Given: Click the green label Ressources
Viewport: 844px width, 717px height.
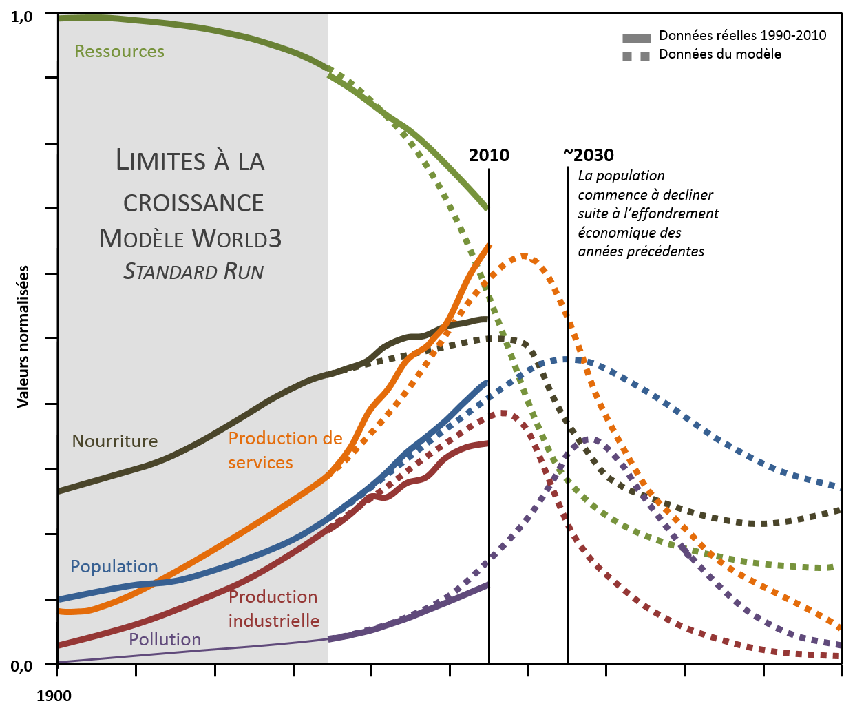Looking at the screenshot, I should click(x=119, y=52).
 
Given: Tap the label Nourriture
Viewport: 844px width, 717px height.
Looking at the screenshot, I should click(x=115, y=441).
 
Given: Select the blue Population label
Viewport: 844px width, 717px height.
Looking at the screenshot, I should click(x=114, y=567).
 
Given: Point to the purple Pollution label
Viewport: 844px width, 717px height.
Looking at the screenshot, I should click(x=165, y=640).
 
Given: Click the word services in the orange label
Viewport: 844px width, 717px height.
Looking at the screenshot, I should click(x=260, y=463).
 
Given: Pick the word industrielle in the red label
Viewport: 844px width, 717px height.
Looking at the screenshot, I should click(x=274, y=621).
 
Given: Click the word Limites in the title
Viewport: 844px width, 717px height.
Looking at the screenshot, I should click(x=160, y=160).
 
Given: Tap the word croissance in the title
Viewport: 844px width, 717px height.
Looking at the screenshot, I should click(x=193, y=203).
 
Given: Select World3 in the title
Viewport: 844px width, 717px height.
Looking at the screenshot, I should click(x=236, y=239).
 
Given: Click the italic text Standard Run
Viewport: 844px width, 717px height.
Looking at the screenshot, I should click(x=193, y=272).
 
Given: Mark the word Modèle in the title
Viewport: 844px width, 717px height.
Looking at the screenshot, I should click(x=142, y=239).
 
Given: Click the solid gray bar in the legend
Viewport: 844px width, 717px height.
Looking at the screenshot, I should click(x=637, y=39).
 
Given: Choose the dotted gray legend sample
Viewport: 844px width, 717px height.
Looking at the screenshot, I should click(x=637, y=56).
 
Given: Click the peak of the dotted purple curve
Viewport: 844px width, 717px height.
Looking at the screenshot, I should click(x=593, y=438).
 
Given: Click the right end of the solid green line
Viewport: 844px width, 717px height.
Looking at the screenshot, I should click(x=487, y=207).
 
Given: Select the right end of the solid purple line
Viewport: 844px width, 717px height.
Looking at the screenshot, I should click(x=487, y=585).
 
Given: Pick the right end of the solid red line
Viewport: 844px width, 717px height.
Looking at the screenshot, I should click(x=486, y=444).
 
